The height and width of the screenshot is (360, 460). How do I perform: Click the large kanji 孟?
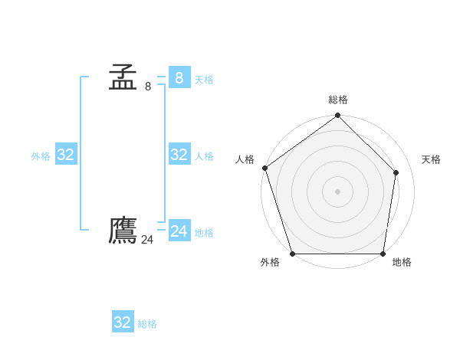(123, 77)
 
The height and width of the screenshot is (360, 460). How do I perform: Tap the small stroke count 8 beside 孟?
(148, 87)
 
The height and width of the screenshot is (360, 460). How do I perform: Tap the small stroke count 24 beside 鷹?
(147, 240)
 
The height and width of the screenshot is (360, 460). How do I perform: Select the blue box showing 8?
(179, 77)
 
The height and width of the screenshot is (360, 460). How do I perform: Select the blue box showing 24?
(179, 231)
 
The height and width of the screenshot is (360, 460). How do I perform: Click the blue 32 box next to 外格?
(66, 155)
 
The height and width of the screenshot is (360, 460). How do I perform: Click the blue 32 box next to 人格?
(179, 155)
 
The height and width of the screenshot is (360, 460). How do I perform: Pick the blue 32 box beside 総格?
(123, 322)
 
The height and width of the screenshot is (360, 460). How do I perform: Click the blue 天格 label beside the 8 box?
(204, 79)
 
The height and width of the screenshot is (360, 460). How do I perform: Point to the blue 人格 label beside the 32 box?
(204, 156)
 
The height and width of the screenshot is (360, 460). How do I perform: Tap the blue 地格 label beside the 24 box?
(204, 232)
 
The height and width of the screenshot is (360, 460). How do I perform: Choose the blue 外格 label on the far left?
(41, 156)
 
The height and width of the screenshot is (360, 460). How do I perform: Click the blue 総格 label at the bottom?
(147, 324)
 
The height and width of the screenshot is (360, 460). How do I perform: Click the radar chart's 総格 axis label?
(338, 100)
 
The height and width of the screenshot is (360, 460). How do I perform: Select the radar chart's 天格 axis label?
(431, 159)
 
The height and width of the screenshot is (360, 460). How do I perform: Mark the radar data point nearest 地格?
(383, 254)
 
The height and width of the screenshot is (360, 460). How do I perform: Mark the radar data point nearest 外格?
(293, 254)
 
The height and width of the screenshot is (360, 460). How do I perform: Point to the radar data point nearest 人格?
(264, 168)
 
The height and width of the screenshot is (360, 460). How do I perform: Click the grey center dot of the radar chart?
(337, 191)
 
